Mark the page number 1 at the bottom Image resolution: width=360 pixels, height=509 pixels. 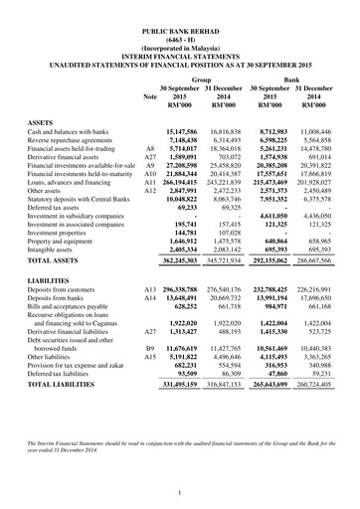(180, 491)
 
